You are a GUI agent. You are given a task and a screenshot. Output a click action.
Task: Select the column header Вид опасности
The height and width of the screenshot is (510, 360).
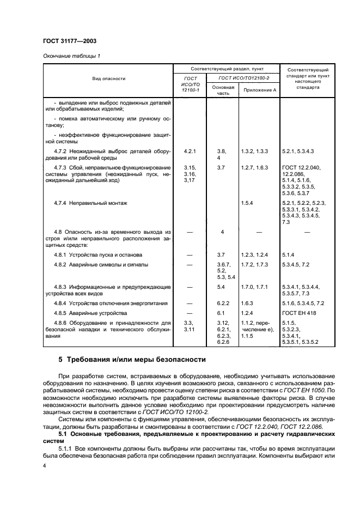108,78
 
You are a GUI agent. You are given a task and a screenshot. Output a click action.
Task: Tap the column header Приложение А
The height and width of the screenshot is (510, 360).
259,89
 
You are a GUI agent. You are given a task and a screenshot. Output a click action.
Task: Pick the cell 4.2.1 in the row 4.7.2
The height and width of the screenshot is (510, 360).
190,150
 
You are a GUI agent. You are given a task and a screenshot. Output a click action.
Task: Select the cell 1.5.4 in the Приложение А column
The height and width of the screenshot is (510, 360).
248,203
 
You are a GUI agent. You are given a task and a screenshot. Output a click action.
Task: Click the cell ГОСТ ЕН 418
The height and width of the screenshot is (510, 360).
299,313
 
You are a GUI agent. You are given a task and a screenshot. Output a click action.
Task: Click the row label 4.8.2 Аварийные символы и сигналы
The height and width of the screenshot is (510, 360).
101,264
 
